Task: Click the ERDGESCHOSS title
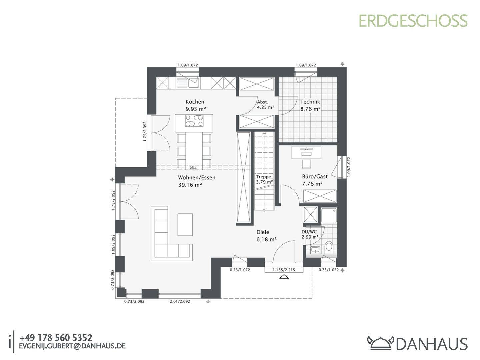tap(413, 21)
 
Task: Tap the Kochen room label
tap(195, 102)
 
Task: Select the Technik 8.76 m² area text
tap(310, 105)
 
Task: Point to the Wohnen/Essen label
tap(197, 177)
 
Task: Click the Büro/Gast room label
tap(315, 176)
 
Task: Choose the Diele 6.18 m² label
tap(267, 236)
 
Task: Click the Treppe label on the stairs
tap(264, 177)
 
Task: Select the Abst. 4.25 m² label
tap(265, 105)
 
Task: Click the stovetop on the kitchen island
tap(194, 121)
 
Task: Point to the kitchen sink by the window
tap(193, 83)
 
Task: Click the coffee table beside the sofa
tap(185, 224)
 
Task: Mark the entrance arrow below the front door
tap(284, 277)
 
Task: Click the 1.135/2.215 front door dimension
tap(284, 270)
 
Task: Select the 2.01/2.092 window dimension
tap(180, 301)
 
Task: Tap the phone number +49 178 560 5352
tap(56, 338)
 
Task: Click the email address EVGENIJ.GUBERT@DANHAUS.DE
tap(72, 346)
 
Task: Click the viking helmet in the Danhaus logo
tap(380, 343)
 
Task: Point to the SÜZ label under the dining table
tap(193, 167)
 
